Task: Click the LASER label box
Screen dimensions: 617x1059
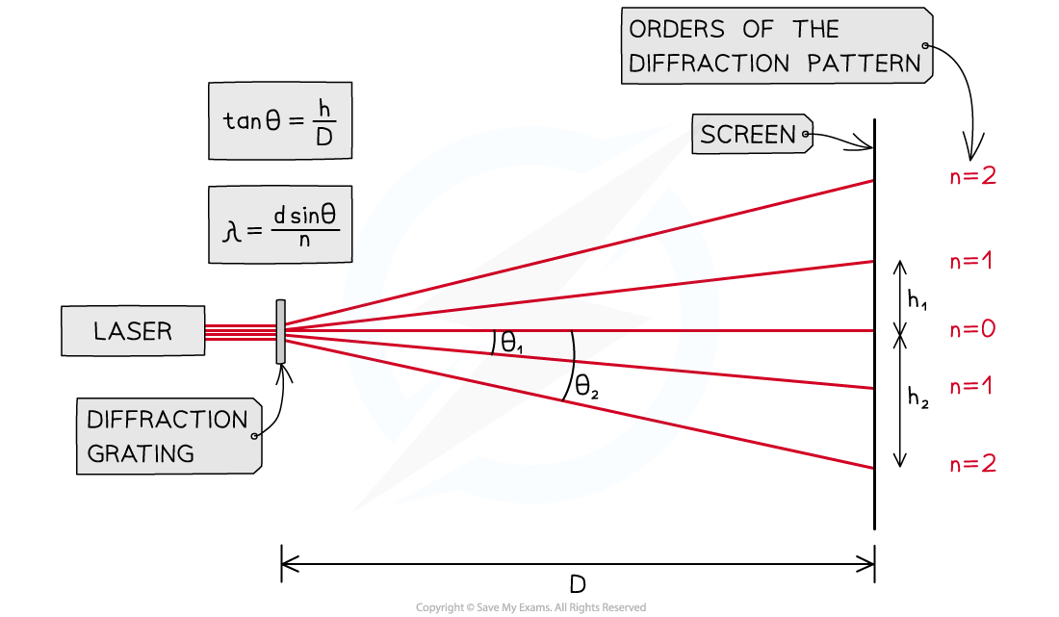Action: pyautogui.click(x=133, y=331)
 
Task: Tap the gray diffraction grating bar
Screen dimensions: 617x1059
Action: pyautogui.click(x=280, y=331)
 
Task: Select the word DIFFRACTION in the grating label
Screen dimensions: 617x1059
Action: pyautogui.click(x=167, y=420)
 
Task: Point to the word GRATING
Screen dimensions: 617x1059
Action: pyautogui.click(x=140, y=453)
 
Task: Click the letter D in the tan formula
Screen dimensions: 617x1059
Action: pyautogui.click(x=323, y=138)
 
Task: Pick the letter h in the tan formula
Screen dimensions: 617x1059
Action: pyautogui.click(x=323, y=108)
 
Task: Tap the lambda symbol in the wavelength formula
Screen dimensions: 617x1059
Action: pyautogui.click(x=230, y=230)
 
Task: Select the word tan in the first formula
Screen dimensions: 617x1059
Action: pyautogui.click(x=242, y=121)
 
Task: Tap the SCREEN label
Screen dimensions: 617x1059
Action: pyautogui.click(x=748, y=136)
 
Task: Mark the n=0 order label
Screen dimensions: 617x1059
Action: pyautogui.click(x=972, y=330)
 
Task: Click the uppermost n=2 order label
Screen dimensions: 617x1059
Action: pyautogui.click(x=972, y=177)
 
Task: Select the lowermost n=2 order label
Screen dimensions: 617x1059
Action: pyautogui.click(x=972, y=465)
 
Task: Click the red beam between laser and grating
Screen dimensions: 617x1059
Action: pyautogui.click(x=241, y=332)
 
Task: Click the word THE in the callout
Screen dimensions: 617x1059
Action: pyautogui.click(x=816, y=30)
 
